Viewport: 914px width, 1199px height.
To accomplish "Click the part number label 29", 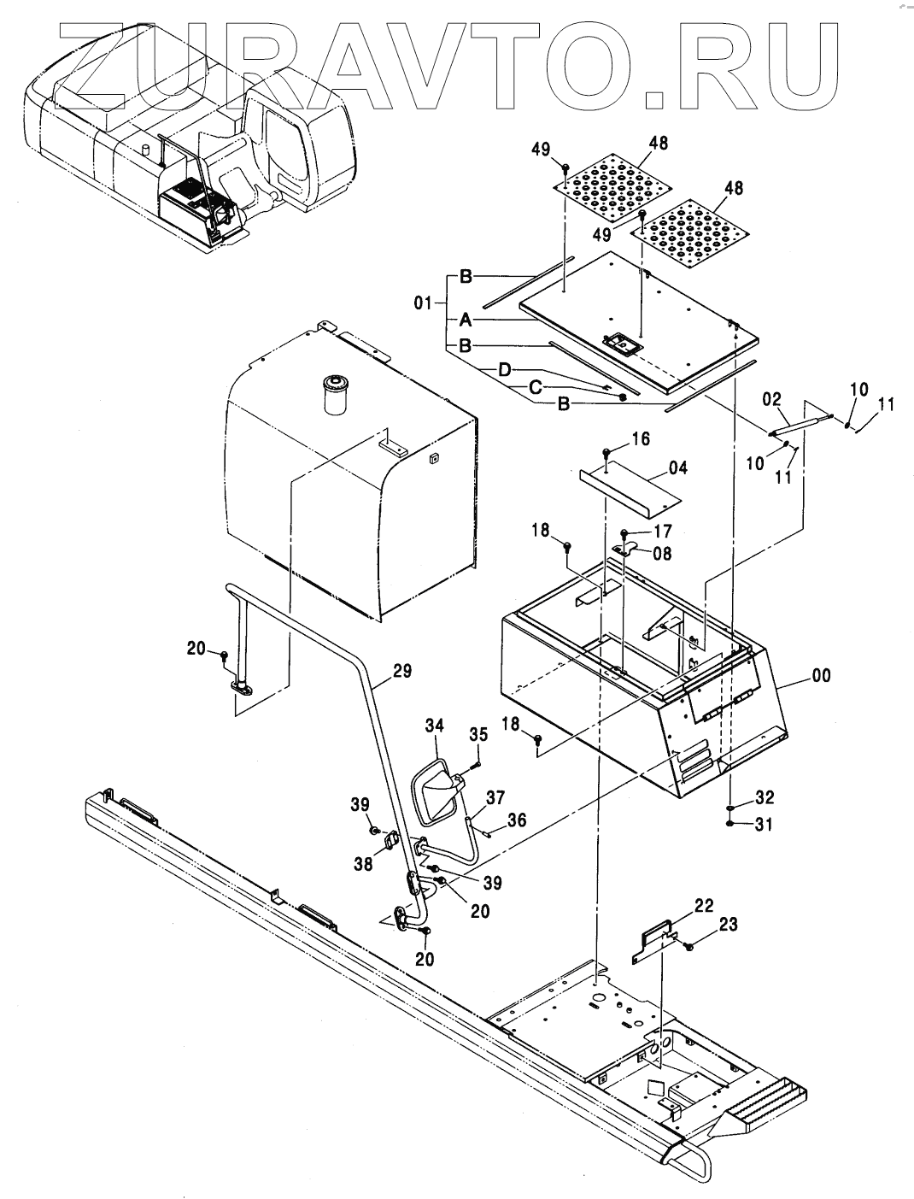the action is point(402,672).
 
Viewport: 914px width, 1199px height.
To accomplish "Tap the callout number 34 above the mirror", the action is point(435,726).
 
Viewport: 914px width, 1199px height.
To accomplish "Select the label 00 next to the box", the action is point(821,676).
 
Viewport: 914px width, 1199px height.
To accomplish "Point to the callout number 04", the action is point(677,468).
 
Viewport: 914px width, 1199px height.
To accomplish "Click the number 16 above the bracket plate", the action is point(641,438).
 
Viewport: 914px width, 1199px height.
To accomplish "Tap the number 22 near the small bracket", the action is point(704,906).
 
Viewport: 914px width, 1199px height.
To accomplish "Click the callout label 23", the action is point(729,925).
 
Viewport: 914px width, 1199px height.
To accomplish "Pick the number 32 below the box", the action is point(765,798).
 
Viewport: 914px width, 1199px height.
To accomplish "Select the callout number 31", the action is point(764,825).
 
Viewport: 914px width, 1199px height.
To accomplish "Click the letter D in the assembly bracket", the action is point(505,370).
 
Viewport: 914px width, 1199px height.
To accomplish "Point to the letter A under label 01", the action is point(466,320).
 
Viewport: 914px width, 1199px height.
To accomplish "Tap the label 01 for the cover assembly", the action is point(423,303).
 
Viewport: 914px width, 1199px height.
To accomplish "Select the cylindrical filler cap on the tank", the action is point(336,394).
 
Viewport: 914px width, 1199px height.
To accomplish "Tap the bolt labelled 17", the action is point(624,533).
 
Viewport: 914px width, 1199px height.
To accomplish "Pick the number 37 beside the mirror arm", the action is point(495,798).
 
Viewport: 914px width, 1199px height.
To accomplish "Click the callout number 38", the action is point(363,864).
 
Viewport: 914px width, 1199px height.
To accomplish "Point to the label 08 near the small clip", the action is point(662,554).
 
